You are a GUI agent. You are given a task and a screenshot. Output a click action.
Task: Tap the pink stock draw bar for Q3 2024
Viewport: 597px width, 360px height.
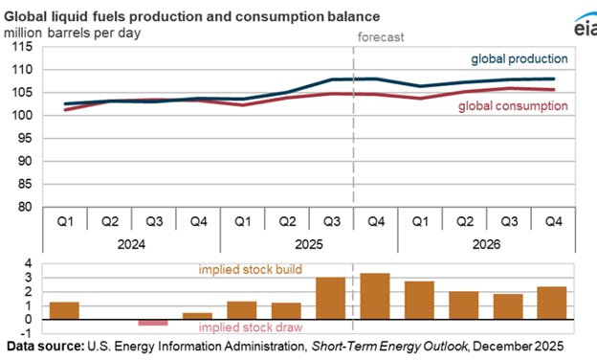pyautogui.click(x=152, y=323)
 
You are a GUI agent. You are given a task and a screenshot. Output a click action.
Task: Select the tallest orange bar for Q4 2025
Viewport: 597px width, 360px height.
pyautogui.click(x=375, y=296)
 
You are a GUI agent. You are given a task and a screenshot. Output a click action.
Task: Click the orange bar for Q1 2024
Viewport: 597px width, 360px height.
pyautogui.click(x=64, y=310)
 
